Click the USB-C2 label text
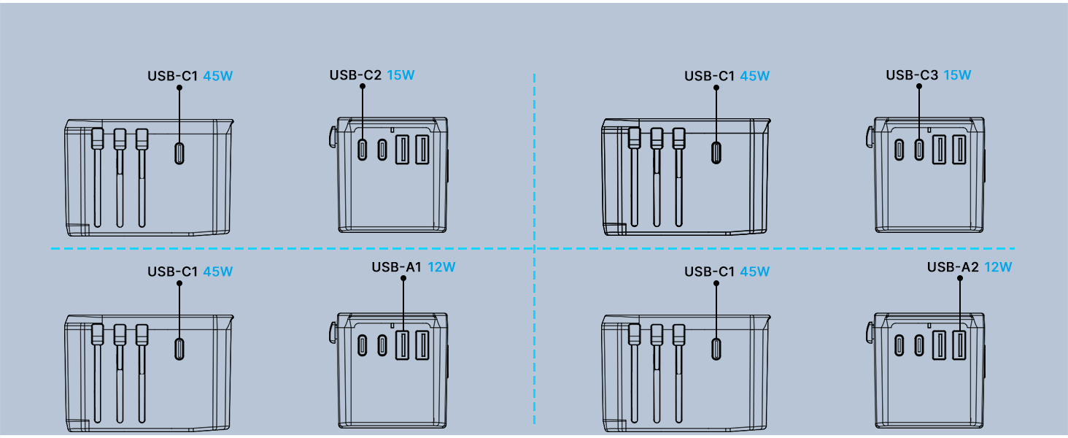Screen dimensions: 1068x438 pos(355,75)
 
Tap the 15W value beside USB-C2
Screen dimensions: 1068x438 pos(400,75)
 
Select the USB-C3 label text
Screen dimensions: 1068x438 pos(912,75)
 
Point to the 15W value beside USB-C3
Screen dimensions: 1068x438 pos(957,75)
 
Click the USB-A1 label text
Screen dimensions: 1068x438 pos(397,267)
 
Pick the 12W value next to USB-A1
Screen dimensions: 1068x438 pos(441,267)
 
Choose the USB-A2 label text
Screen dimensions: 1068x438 pos(953,267)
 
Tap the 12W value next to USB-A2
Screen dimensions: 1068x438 pos(997,267)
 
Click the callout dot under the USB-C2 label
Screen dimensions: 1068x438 pos(363,86)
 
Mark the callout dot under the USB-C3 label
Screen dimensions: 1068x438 pos(918,86)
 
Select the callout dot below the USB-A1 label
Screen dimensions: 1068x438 pos(403,278)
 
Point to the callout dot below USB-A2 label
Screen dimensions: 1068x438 pos(959,278)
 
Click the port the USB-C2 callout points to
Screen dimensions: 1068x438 pos(363,150)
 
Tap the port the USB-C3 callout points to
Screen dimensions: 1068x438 pos(918,150)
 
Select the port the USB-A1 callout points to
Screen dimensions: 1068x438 pos(402,345)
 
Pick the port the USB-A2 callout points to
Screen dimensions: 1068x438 pos(959,345)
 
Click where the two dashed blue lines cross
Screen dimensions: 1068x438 pos(535,249)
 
